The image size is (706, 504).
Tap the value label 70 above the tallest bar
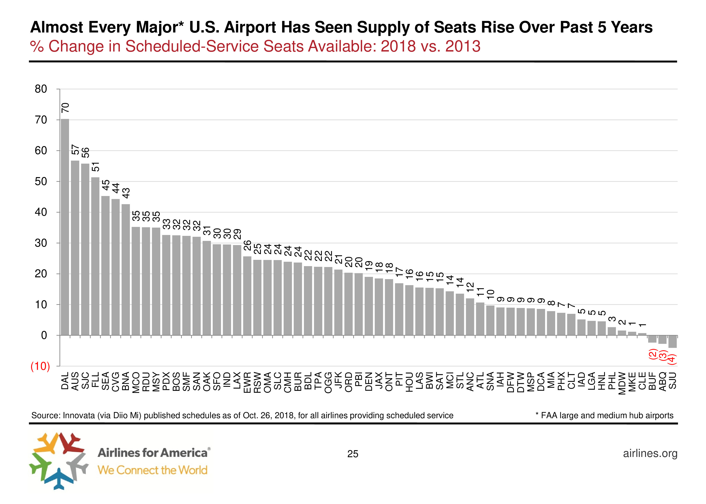[65, 108]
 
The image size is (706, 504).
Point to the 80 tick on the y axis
[41, 89]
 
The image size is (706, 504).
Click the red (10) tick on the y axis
[40, 366]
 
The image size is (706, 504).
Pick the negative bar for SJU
[672, 341]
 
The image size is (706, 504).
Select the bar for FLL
[95, 256]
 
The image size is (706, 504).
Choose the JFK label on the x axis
[338, 380]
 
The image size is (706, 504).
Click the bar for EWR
[247, 296]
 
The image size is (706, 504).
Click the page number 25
[353, 454]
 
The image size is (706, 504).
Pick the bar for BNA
[126, 270]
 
